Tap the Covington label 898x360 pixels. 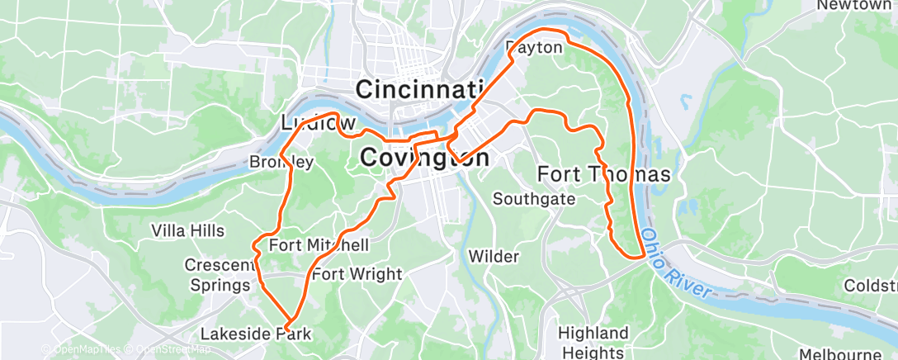point(424,157)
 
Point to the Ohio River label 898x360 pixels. point(677,263)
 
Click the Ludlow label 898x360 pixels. point(313,123)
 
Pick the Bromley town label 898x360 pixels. point(281,163)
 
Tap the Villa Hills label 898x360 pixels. point(188,230)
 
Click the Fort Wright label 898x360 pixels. point(357,274)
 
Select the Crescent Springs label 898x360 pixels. point(218,275)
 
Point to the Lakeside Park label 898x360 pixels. point(256,334)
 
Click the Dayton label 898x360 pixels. point(535,48)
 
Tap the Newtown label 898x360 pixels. point(854,6)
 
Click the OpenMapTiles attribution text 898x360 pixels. point(80,350)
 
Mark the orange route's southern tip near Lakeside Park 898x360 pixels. point(290,320)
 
